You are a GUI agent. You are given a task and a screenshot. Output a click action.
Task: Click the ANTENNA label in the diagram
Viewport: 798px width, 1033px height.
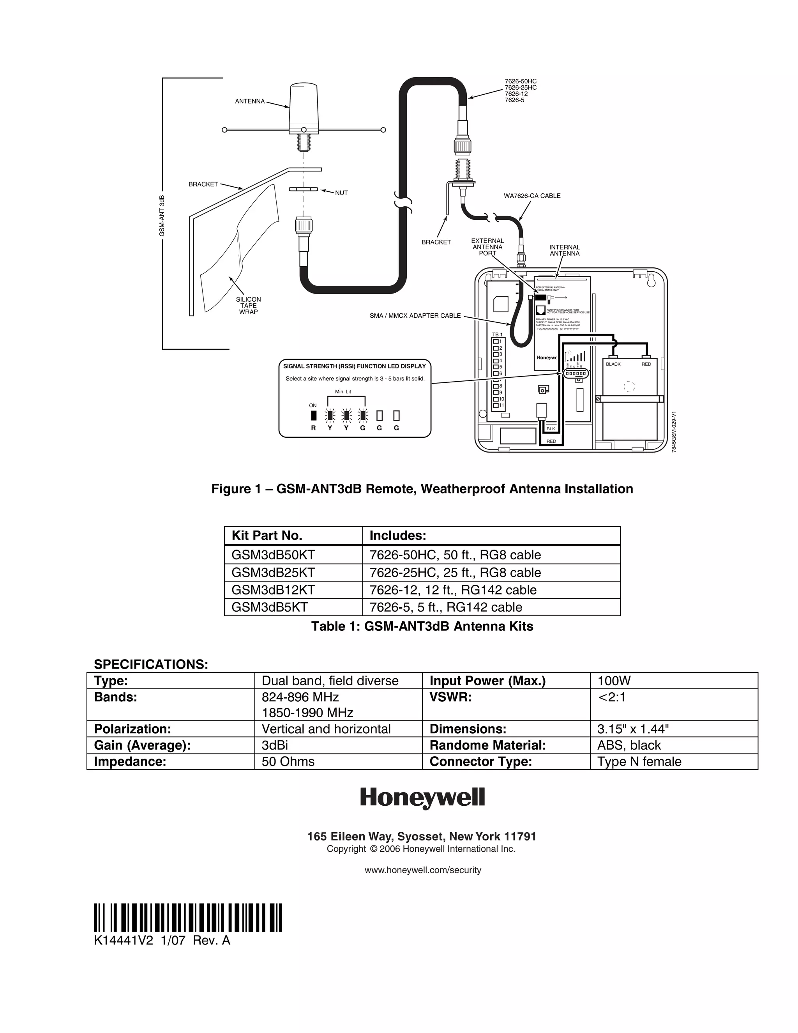point(250,102)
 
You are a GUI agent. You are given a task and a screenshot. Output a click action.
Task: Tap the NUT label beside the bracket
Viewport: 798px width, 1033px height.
point(341,193)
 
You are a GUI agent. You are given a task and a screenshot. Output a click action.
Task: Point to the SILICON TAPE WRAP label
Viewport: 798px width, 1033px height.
point(248,306)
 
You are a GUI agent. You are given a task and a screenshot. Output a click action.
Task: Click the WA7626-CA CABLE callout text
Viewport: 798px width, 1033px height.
point(532,196)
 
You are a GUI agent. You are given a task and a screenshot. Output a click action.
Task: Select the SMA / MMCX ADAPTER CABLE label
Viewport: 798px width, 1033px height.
point(415,315)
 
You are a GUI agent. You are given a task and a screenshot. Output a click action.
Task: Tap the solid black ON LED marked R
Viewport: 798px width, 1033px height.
point(313,415)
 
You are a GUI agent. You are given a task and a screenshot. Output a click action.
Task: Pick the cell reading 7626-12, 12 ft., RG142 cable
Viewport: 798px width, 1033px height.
point(453,590)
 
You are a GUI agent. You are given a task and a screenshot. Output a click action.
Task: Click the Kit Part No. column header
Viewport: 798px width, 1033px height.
point(267,536)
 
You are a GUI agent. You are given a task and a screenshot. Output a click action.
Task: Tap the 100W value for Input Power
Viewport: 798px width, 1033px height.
point(614,681)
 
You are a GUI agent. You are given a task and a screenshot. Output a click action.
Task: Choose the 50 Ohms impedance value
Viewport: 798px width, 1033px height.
point(288,762)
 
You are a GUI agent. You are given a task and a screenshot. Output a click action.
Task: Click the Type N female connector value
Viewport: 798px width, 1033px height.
point(639,762)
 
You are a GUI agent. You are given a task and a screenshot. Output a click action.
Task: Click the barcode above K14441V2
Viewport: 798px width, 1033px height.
point(188,918)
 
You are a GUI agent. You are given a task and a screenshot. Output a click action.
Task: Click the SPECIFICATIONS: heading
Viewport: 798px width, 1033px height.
point(151,664)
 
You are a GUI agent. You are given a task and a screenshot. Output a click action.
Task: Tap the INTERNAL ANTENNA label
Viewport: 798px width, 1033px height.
point(565,250)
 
